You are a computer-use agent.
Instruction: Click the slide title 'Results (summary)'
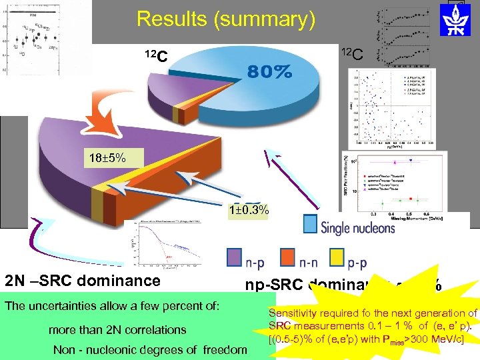pos(225,19)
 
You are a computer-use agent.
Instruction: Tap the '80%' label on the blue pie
pos(270,73)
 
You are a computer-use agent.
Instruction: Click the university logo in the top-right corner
pos(457,21)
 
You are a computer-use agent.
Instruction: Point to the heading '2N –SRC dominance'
pos(83,281)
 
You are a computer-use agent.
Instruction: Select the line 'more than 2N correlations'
pos(117,329)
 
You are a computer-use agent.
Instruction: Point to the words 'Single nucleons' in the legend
pos(358,227)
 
